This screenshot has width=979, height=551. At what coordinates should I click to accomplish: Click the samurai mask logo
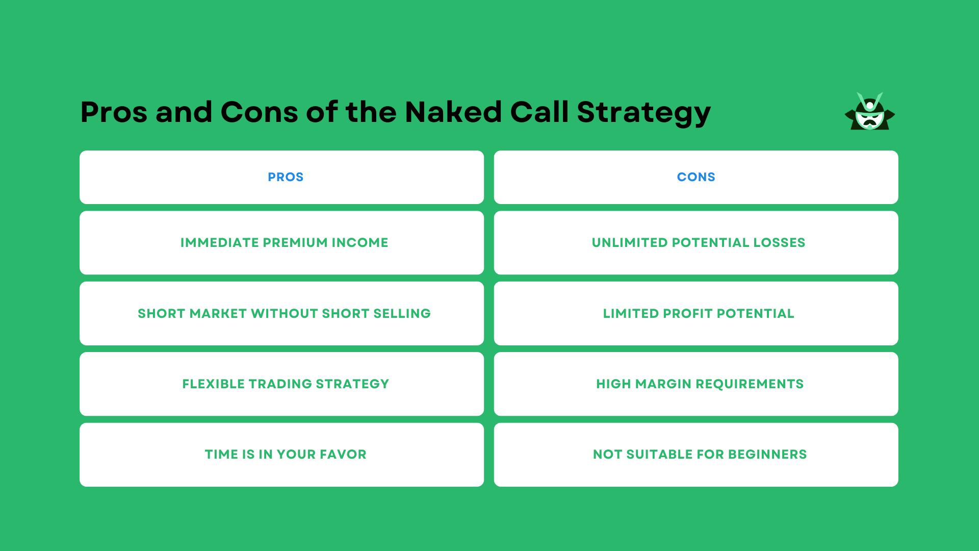coord(869,112)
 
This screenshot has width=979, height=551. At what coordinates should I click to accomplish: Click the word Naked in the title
coord(453,112)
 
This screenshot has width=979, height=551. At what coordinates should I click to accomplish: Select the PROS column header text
coord(286,177)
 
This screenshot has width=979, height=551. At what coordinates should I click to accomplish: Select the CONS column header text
coord(696,177)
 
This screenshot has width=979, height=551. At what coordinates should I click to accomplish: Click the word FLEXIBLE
coord(213,384)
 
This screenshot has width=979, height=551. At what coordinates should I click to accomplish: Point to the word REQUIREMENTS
coord(750,384)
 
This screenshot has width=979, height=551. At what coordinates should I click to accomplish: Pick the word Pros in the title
coord(114,112)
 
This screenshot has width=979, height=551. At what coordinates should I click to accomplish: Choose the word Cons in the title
coord(259,112)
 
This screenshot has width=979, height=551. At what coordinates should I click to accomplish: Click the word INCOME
coord(360,243)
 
